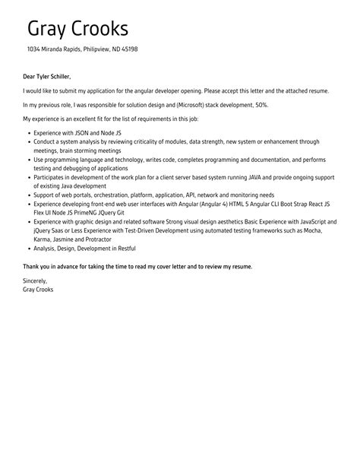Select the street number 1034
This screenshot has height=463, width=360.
[x=34, y=49]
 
